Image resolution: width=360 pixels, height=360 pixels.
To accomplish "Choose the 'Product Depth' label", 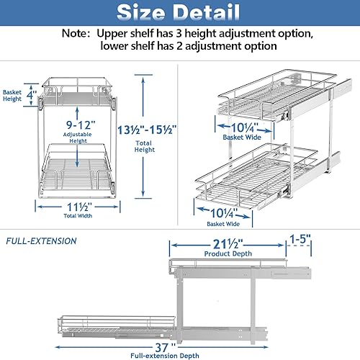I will click(x=228, y=253).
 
